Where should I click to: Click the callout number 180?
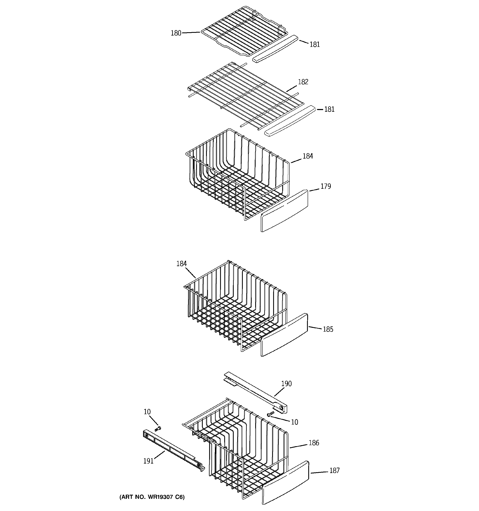pos(176,33)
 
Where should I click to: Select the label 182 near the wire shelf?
pos(303,82)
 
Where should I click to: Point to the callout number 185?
pos(328,329)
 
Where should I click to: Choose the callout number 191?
pos(148,461)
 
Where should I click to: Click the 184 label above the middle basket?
pos(181,264)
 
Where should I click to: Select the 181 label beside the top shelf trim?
pos(315,44)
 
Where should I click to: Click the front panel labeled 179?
pos(284,211)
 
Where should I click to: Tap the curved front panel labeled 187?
pos(285,483)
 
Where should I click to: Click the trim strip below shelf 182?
pos(290,121)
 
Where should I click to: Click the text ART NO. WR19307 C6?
pos(152,497)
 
